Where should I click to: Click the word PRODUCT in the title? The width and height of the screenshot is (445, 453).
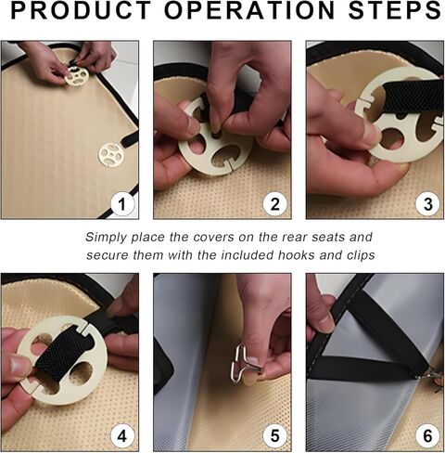click(x=81, y=10)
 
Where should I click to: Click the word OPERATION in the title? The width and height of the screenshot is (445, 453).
click(x=249, y=10)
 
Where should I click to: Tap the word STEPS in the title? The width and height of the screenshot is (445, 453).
click(x=395, y=10)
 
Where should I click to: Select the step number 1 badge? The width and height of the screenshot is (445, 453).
click(x=122, y=204)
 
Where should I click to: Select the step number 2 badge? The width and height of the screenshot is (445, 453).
click(x=274, y=204)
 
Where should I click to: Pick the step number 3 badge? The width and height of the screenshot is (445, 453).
click(x=427, y=204)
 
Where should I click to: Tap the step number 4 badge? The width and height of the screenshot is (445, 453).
click(x=122, y=436)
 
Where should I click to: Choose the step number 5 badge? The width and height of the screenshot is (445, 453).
click(x=274, y=436)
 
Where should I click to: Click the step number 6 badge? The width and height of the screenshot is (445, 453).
click(x=427, y=436)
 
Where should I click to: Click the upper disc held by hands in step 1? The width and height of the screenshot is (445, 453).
click(x=77, y=75)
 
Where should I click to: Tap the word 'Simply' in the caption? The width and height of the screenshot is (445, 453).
click(x=106, y=238)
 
